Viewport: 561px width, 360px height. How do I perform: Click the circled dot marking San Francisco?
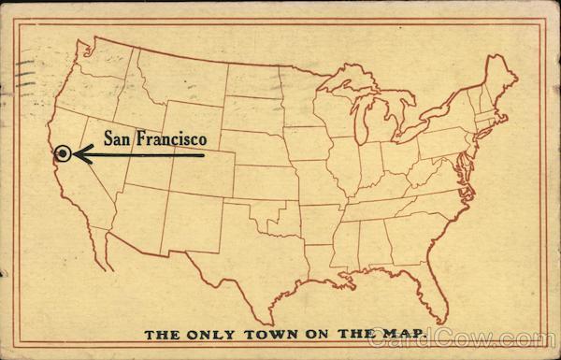pos(63,154)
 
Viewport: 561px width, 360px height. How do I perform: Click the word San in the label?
pos(119,137)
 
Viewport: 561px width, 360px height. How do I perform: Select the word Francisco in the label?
pos(171,137)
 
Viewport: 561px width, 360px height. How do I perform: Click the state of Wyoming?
pos(191,122)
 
